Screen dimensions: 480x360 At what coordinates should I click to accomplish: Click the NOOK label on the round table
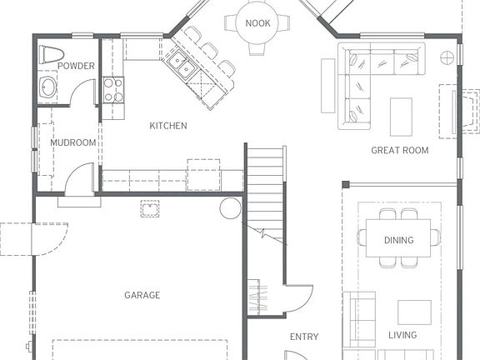pos(257,23)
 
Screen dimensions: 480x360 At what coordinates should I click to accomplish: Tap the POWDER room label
pos(76,66)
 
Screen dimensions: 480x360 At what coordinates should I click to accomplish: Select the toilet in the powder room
pos(51,54)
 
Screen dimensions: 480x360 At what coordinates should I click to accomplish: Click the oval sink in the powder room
pos(47,87)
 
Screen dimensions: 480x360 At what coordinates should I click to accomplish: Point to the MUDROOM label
pos(73,142)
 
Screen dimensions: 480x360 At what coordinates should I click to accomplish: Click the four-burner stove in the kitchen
pos(113,90)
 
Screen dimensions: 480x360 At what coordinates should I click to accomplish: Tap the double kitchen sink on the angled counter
pos(182,65)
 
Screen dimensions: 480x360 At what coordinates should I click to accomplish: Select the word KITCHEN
pos(168,126)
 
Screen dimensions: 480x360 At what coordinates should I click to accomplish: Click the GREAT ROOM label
pos(400,150)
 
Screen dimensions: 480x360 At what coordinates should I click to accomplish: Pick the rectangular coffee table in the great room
pos(401,117)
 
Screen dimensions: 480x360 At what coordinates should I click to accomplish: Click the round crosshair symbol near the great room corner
pos(447,57)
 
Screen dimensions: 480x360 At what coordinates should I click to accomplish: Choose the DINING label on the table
pos(399,240)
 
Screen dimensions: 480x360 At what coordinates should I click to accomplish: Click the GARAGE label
pos(142,295)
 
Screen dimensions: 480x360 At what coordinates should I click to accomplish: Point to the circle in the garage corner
pos(231,208)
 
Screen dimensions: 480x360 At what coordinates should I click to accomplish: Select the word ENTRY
pos(304,337)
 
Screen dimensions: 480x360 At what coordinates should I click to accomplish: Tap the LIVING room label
pos(402,335)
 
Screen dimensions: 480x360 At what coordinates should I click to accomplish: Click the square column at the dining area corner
pos(346,184)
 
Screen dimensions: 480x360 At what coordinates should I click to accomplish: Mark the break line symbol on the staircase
pos(265,233)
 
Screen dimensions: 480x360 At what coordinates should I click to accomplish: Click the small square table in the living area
pos(414,312)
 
